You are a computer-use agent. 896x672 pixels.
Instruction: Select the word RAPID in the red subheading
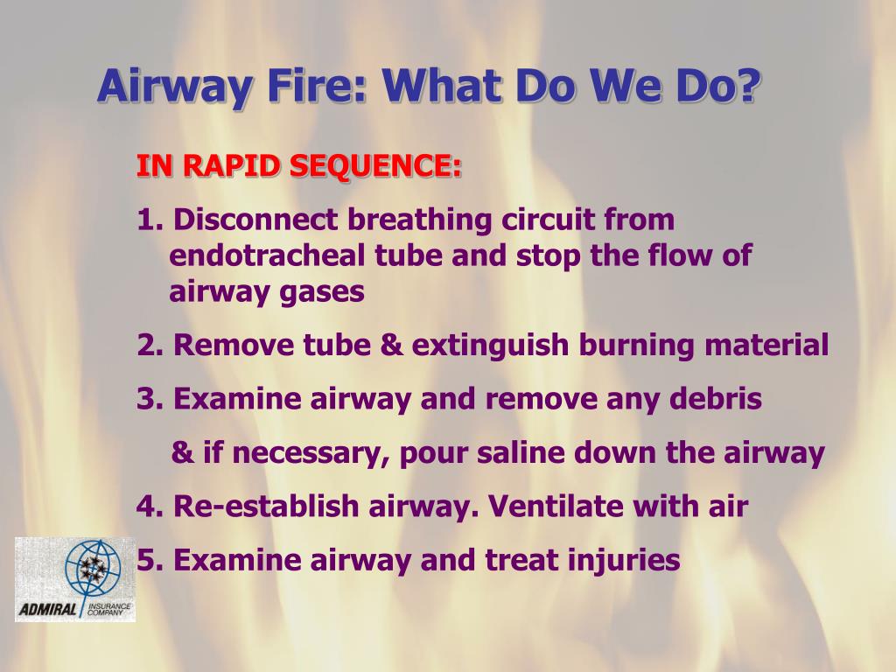227,165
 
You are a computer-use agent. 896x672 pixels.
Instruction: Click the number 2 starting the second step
146,345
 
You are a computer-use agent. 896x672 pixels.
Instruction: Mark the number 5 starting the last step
146,560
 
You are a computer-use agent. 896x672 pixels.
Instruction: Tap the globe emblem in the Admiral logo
93,569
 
